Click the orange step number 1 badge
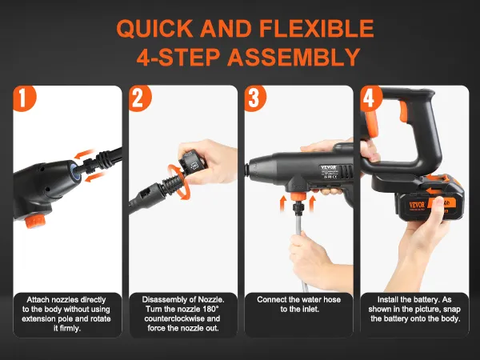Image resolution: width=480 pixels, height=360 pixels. pyautogui.click(x=25, y=98)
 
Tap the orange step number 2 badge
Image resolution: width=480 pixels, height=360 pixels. pyautogui.click(x=140, y=98)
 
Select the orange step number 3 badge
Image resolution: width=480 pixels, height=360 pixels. pyautogui.click(x=255, y=98)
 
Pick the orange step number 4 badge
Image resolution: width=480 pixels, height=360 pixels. pyautogui.click(x=370, y=98)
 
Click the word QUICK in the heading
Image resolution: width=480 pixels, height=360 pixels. pyautogui.click(x=154, y=29)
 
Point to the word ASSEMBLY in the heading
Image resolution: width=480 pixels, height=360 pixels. pyautogui.click(x=294, y=57)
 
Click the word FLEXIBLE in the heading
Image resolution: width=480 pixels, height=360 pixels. pyautogui.click(x=317, y=29)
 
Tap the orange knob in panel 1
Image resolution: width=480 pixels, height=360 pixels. pyautogui.click(x=35, y=221)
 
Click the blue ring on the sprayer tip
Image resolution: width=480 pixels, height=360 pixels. pyautogui.click(x=74, y=172)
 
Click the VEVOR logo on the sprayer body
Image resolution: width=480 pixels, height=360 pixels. pyautogui.click(x=329, y=167)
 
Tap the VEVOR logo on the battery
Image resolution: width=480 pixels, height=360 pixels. pyautogui.click(x=417, y=205)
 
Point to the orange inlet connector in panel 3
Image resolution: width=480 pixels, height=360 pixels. pyautogui.click(x=298, y=197)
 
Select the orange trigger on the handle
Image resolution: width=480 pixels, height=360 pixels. pyautogui.click(x=403, y=112)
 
